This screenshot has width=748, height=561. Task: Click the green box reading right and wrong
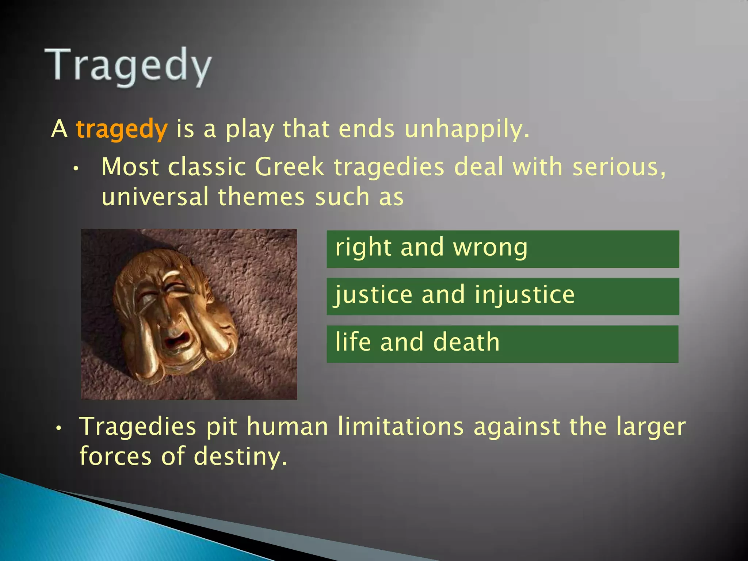[x=503, y=249]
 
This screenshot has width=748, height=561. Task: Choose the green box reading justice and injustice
[x=503, y=296]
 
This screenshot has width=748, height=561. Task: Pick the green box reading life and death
[x=502, y=344]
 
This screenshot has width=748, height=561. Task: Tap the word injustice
[x=524, y=295]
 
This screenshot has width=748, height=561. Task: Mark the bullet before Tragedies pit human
[x=58, y=428]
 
